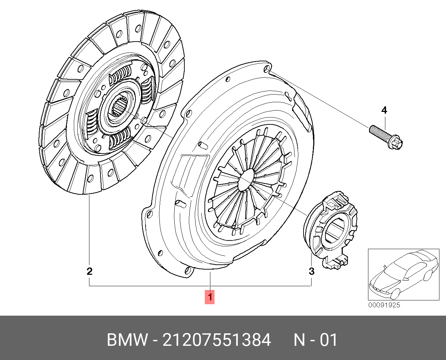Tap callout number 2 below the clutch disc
89,271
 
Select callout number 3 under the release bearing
312,271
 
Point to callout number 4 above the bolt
384,110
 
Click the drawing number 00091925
384,305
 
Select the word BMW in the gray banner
127,340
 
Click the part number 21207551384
217,340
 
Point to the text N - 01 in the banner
315,340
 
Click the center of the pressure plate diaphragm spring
246,180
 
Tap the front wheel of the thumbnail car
394,294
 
